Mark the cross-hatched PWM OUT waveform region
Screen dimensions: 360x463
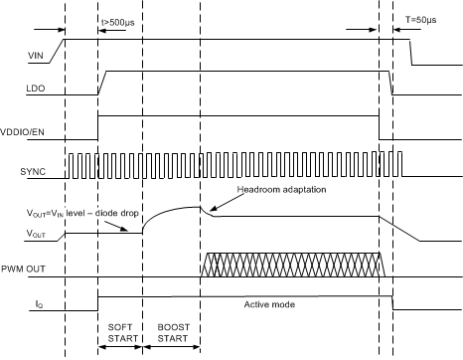pos(293,266)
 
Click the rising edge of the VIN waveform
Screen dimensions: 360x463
pos(63,48)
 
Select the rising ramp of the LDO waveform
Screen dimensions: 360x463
pos(103,83)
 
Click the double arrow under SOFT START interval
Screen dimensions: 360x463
pos(120,349)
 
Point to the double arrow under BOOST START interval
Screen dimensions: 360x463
pos(171,349)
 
